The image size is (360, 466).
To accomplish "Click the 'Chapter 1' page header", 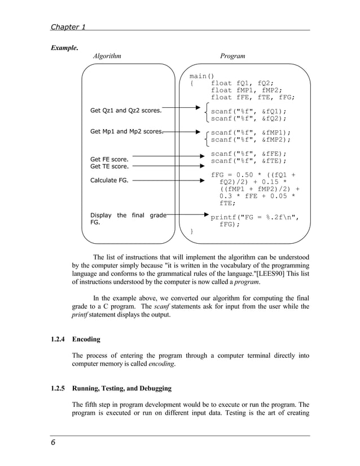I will click(68, 27).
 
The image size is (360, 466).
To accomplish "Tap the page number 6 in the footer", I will click(52, 445).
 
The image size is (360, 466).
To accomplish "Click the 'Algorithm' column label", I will click(107, 56).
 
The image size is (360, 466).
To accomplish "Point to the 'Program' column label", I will click(232, 56).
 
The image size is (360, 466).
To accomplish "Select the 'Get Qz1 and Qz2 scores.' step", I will click(126, 111).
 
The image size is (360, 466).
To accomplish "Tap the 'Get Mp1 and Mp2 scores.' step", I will click(126, 131).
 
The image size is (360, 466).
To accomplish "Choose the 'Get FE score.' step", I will click(109, 159).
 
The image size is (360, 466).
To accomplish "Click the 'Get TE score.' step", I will click(109, 166).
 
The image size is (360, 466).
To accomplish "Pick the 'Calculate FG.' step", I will click(109, 181).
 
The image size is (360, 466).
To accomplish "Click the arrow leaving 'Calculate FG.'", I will click(167, 181).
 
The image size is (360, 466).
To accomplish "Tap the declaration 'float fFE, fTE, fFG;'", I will click(253, 97).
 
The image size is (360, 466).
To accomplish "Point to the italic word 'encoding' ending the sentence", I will click(161, 364).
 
